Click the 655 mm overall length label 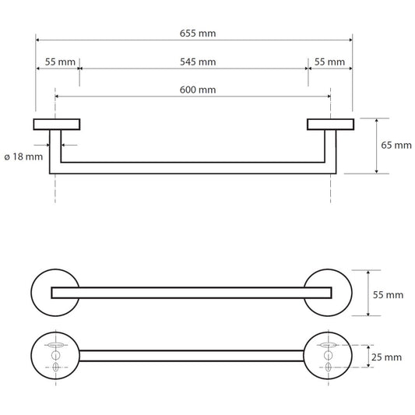[x=198, y=33]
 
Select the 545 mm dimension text [x=198, y=62]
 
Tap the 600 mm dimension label [x=198, y=90]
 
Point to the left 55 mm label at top [x=60, y=62]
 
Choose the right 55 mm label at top [x=329, y=62]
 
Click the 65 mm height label [x=396, y=146]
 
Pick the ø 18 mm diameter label [x=23, y=157]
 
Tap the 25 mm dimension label [x=386, y=357]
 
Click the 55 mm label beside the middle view [x=388, y=295]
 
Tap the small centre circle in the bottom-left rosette [x=55, y=356]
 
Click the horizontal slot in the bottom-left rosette [x=55, y=345]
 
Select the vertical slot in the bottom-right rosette [x=329, y=367]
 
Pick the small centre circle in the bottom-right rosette [x=329, y=356]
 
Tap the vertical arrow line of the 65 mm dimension [x=376, y=146]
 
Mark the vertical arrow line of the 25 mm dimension [x=368, y=357]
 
